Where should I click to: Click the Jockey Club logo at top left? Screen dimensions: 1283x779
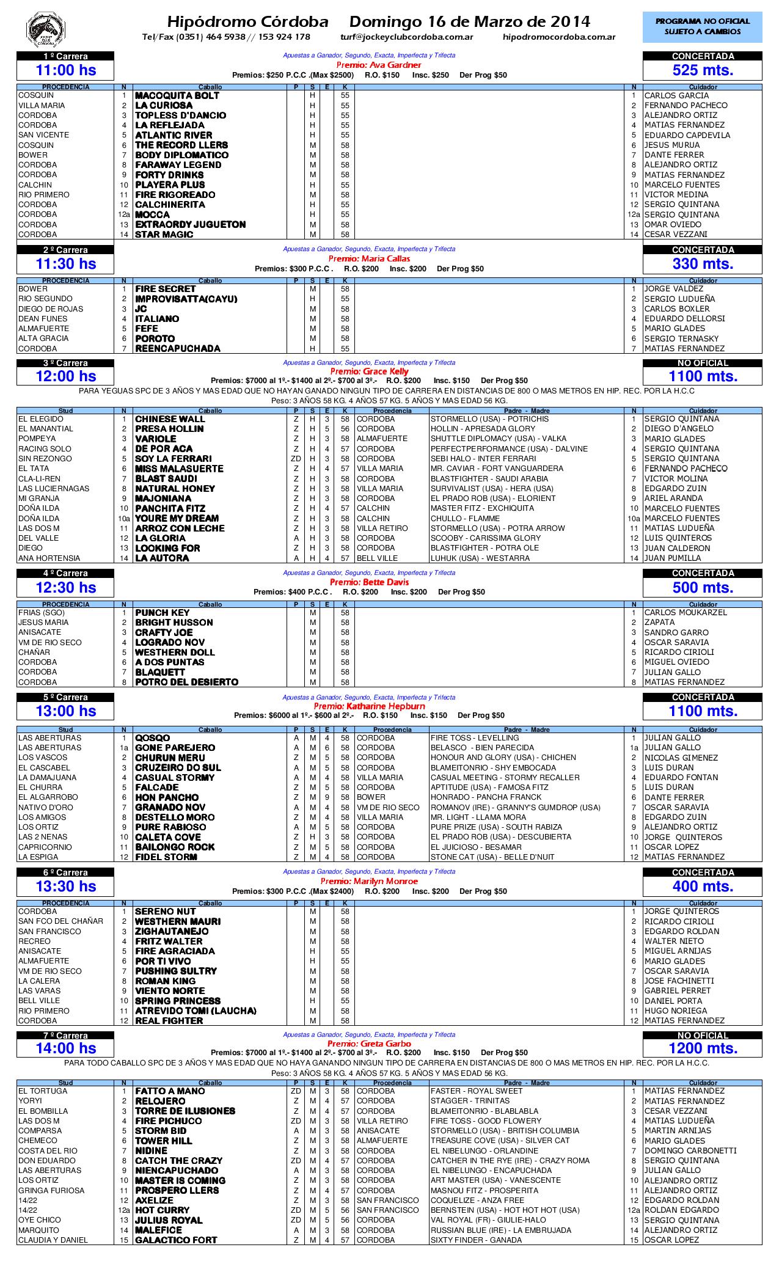click(x=45, y=29)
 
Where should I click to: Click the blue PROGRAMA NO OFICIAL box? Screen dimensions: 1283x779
click(x=702, y=26)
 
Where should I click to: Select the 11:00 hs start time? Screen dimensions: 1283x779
click(x=66, y=70)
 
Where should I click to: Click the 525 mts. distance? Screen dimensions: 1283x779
click(x=703, y=70)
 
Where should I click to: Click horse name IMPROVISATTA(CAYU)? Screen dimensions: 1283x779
click(x=186, y=299)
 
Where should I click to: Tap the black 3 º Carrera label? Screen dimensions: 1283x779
click(x=65, y=363)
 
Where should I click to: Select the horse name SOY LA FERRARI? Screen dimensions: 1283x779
click(x=173, y=459)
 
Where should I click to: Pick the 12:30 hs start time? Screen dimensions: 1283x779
click(x=66, y=588)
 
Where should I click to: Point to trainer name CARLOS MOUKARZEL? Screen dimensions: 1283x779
click(x=686, y=613)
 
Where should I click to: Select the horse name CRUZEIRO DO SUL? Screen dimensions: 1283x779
click(x=178, y=768)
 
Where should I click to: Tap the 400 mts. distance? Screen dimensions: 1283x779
click(x=703, y=886)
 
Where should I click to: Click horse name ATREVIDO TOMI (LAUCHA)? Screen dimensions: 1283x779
click(x=196, y=1011)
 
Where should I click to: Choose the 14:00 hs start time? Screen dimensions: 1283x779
click(x=66, y=1048)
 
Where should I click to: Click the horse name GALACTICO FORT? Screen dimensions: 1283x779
click(x=175, y=1240)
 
